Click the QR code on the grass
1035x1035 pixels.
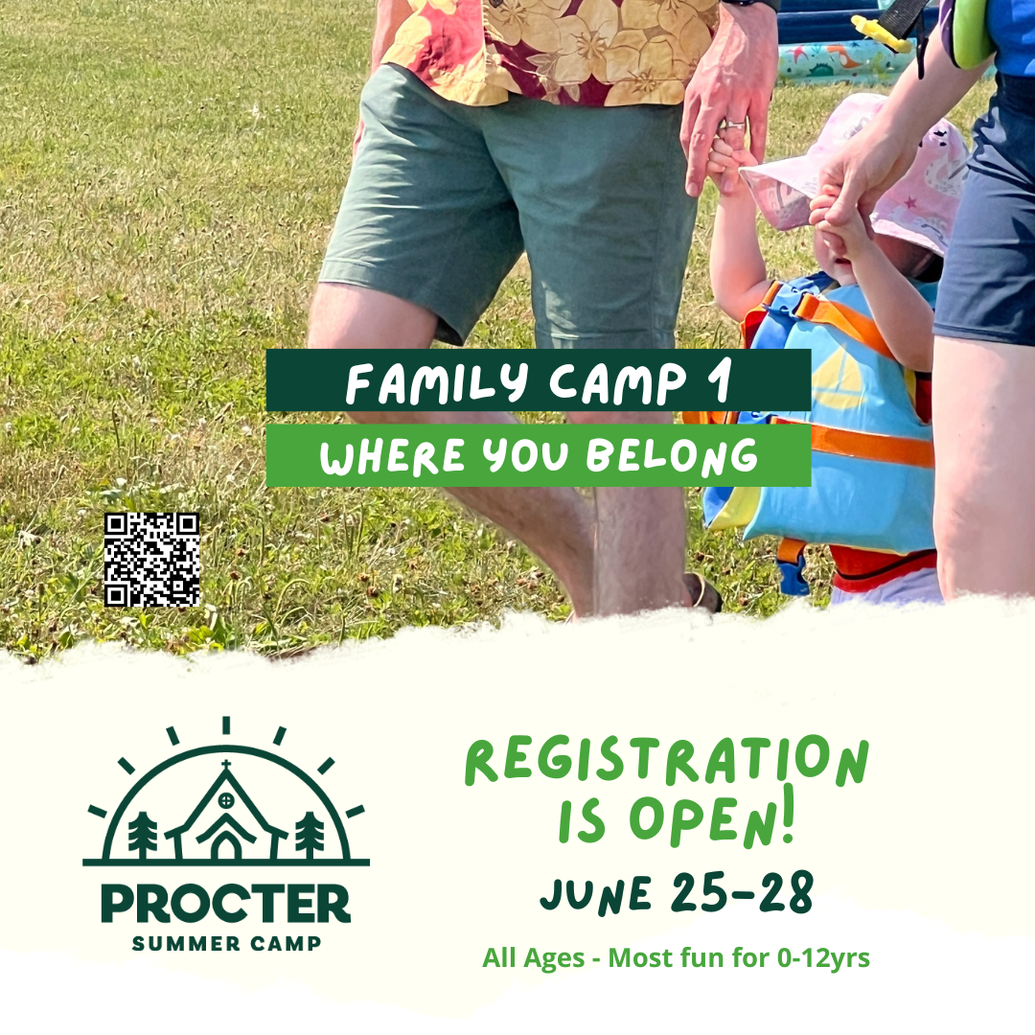tap(151, 560)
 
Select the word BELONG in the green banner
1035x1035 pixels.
tap(672, 456)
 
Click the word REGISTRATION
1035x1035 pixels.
tap(667, 761)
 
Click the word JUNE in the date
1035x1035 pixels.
tap(596, 895)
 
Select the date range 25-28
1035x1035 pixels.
tap(742, 892)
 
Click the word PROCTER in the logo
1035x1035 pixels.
tap(226, 904)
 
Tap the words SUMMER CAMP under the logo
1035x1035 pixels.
tap(226, 944)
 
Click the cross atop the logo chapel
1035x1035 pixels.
tap(226, 766)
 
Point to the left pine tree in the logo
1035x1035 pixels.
tap(143, 834)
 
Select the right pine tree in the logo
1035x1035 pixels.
tap(309, 834)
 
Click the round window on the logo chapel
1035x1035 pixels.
tap(226, 801)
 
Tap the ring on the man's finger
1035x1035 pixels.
tap(735, 123)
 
